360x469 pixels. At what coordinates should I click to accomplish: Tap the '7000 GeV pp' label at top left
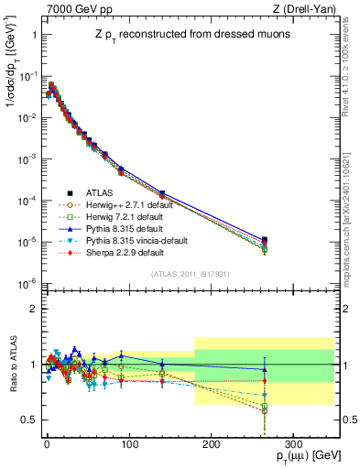pyautogui.click(x=73, y=9)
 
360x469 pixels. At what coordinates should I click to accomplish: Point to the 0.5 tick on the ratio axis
pyautogui.click(x=29, y=420)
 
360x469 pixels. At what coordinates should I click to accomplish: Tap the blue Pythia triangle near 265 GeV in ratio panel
pyautogui.click(x=264, y=369)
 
